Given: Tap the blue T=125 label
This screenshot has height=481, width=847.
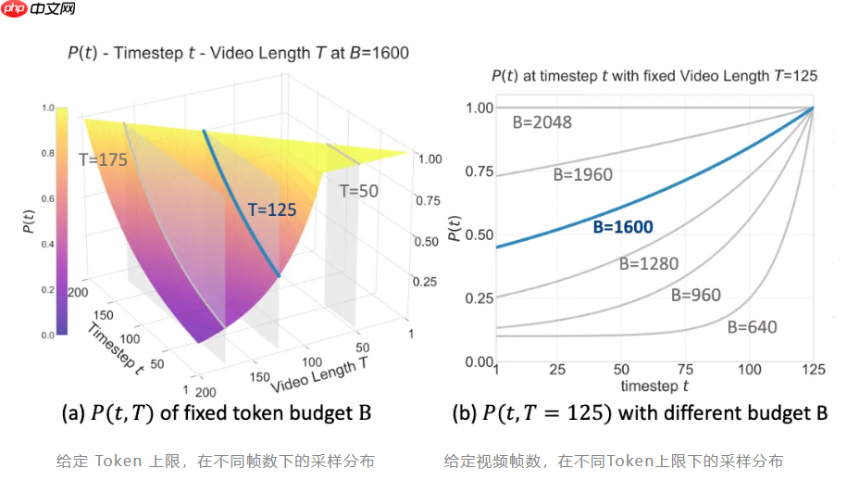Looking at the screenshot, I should click(x=272, y=209).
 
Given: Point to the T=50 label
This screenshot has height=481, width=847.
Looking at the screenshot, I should click(x=358, y=192).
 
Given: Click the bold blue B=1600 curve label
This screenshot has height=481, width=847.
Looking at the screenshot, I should click(x=622, y=227).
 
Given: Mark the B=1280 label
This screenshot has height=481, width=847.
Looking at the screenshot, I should click(x=648, y=263).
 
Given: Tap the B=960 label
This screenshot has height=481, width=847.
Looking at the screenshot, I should click(x=695, y=296).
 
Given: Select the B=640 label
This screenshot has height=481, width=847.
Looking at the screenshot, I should click(x=752, y=326).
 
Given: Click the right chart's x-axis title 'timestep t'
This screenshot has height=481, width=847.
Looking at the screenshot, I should click(x=654, y=385).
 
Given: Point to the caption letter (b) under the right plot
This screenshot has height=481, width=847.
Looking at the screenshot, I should click(x=464, y=413).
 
